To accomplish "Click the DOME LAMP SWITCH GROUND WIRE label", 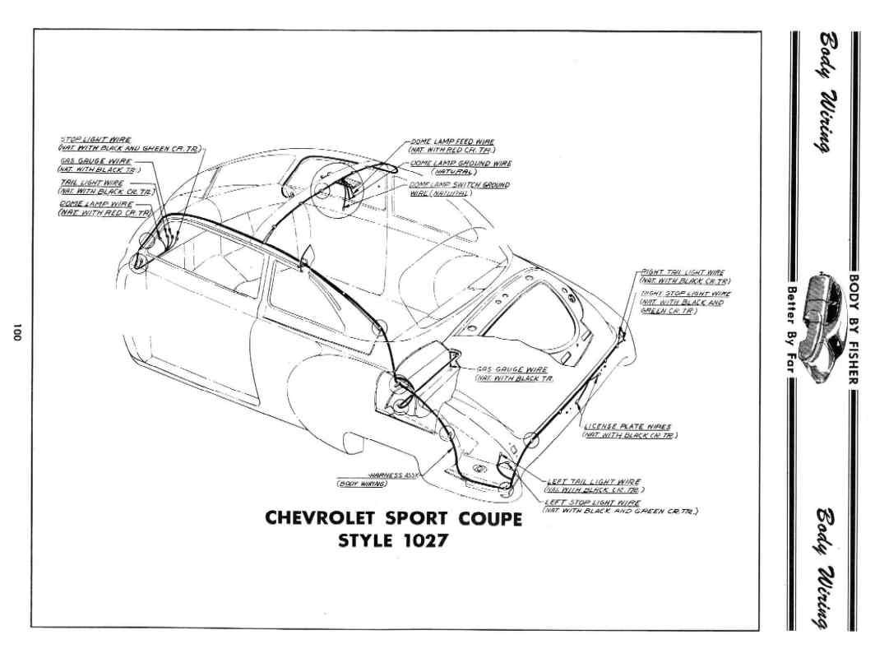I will pos(457,185).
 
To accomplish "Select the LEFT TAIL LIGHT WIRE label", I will pos(594,481).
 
